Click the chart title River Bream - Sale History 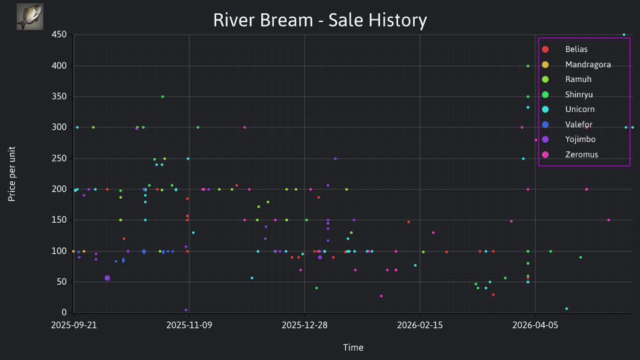(320, 20)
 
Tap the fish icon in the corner (30, 17)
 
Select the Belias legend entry (565, 49)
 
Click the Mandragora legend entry (576, 65)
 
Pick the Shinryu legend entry (567, 95)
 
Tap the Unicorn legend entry (568, 109)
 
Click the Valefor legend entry (567, 125)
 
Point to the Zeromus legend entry (570, 155)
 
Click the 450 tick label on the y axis (59, 35)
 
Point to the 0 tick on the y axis (64, 313)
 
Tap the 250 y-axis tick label (59, 159)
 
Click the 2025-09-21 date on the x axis (74, 325)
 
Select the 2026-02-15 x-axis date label (420, 325)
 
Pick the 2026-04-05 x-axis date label (535, 325)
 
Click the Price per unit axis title (12, 174)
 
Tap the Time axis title (353, 347)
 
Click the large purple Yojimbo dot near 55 (107, 278)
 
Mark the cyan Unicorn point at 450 (624, 35)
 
